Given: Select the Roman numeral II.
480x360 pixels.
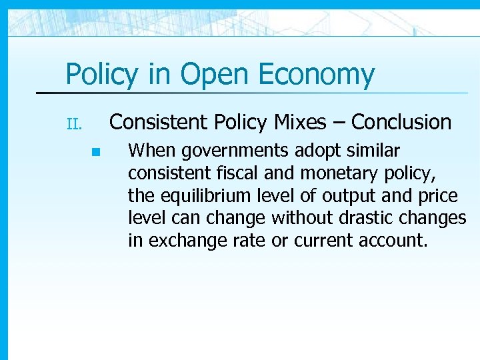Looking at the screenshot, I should pos(73,124).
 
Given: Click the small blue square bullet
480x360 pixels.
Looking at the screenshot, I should pos(95,152).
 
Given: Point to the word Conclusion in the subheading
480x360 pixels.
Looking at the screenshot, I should pos(401,122).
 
